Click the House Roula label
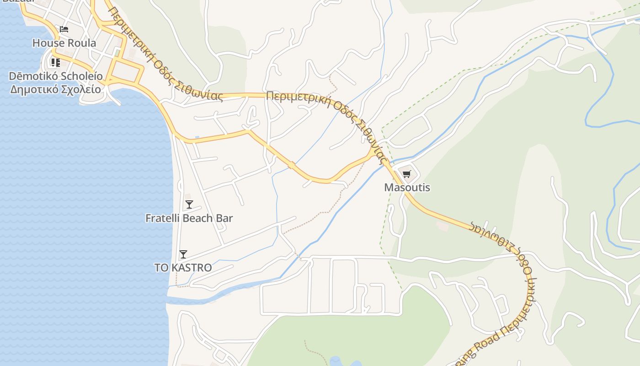[64, 43]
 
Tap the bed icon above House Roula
[64, 29]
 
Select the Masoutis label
[407, 188]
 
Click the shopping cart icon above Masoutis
[406, 174]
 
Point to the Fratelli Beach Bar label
[189, 218]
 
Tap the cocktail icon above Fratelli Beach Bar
[189, 205]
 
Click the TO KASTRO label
[183, 268]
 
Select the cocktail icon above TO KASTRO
[183, 254]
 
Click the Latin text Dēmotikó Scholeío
[56, 76]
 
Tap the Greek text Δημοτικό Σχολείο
[56, 89]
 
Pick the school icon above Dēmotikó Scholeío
[56, 62]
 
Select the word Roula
[83, 43]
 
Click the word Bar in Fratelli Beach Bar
[224, 218]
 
